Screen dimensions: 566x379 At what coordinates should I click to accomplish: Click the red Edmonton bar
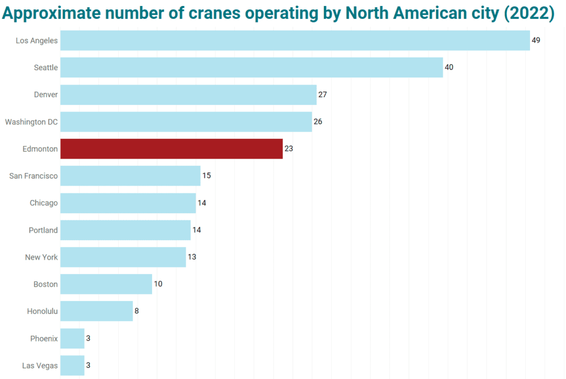171,149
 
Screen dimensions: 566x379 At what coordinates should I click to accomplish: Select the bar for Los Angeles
295,40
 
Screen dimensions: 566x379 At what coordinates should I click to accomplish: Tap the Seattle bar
251,67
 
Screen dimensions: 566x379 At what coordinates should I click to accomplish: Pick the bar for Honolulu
96,311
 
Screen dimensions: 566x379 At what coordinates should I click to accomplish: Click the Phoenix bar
72,339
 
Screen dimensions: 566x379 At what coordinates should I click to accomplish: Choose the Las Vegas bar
72,366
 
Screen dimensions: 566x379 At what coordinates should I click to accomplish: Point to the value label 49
536,40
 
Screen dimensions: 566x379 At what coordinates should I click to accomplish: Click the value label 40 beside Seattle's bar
449,67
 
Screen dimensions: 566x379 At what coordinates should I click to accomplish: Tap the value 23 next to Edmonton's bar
289,149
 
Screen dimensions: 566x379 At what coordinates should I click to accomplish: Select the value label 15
207,176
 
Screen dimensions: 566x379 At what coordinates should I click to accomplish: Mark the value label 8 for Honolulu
137,311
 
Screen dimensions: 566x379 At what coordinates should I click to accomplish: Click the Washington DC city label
32,122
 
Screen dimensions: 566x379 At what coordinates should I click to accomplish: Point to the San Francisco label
33,176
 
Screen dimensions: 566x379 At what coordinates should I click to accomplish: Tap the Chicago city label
44,203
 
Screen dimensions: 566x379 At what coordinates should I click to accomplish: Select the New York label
41,257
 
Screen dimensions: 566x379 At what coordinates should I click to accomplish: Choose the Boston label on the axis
45,285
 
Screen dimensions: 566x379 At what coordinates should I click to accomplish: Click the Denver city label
46,94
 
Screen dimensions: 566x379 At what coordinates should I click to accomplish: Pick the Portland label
43,230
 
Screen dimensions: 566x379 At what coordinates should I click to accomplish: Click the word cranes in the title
214,13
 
